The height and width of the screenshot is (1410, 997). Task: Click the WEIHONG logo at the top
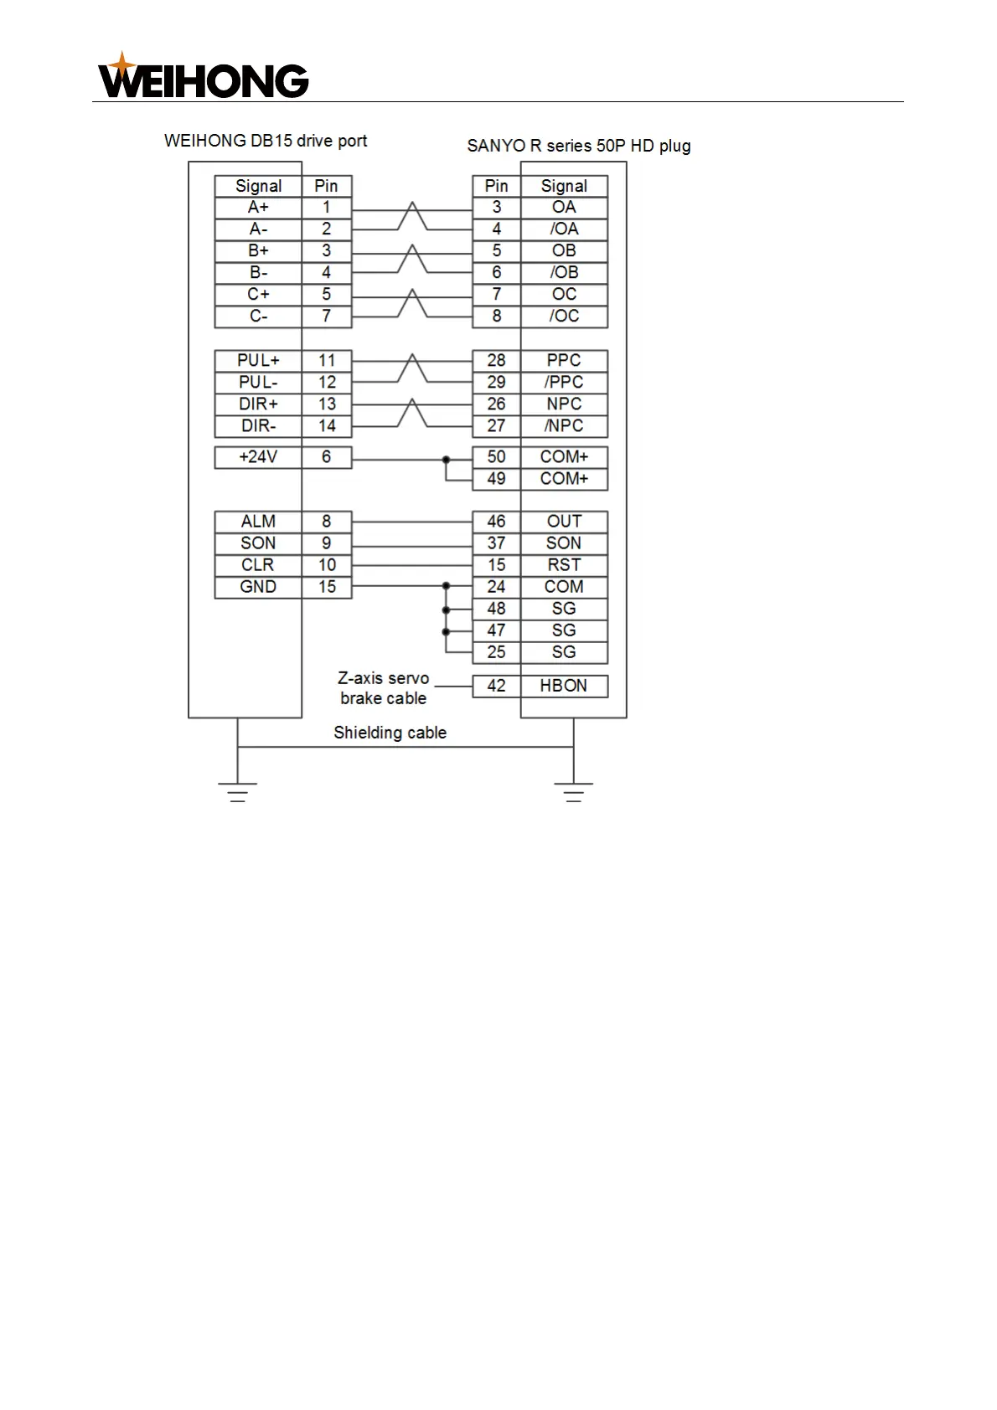pyautogui.click(x=204, y=77)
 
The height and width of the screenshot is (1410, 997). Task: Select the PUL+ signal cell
pyautogui.click(x=258, y=361)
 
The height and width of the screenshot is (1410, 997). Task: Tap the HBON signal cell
pyautogui.click(x=564, y=686)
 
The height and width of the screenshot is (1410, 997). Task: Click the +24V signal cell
pyautogui.click(x=258, y=457)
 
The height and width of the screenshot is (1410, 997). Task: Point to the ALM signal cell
pyautogui.click(x=258, y=522)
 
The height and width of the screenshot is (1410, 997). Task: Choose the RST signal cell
pyautogui.click(x=564, y=565)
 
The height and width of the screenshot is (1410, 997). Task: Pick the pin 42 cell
pyautogui.click(x=496, y=686)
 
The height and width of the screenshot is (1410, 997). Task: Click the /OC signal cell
pyautogui.click(x=564, y=316)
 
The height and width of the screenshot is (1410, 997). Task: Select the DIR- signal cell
pyautogui.click(x=258, y=426)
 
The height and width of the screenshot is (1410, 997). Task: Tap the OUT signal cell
pyautogui.click(x=564, y=522)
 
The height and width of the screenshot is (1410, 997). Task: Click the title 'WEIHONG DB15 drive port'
pyautogui.click(x=266, y=141)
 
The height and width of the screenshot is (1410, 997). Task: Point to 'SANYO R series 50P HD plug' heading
pyautogui.click(x=579, y=146)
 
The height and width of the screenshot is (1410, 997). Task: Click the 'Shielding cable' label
pyautogui.click(x=390, y=733)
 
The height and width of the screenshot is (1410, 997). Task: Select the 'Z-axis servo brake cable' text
pyautogui.click(x=383, y=688)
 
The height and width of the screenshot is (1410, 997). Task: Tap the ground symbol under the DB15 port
pyautogui.click(x=238, y=792)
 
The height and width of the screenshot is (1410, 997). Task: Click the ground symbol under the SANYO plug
pyautogui.click(x=574, y=792)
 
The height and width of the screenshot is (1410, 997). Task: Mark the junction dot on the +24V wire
pyautogui.click(x=446, y=459)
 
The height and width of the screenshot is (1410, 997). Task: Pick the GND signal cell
pyautogui.click(x=258, y=587)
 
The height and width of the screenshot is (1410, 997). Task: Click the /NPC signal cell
pyautogui.click(x=564, y=426)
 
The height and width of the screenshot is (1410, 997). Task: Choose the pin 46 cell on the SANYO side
pyautogui.click(x=496, y=522)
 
